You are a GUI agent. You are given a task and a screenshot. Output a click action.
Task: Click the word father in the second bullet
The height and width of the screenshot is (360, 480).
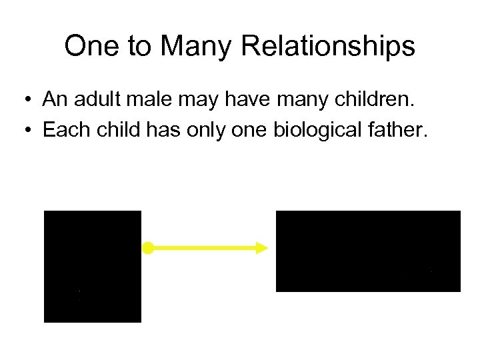coord(391,129)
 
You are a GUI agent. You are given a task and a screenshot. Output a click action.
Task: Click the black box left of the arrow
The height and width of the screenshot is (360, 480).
coord(93,266)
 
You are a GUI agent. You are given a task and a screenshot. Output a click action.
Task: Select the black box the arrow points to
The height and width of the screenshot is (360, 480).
coord(368,251)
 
